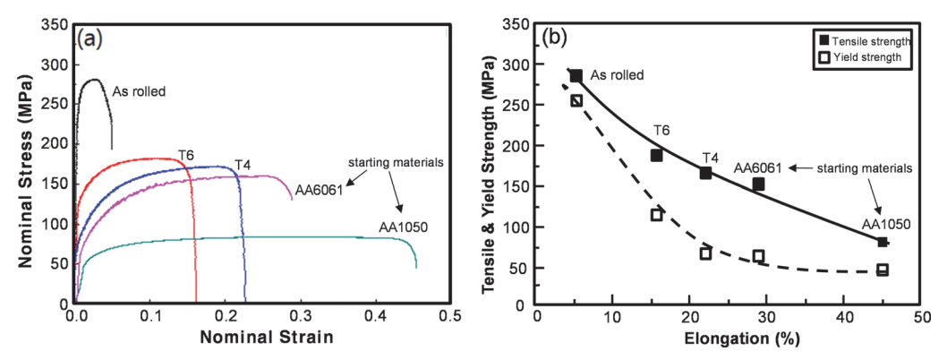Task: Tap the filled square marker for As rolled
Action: [576, 76]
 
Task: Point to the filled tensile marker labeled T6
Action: [656, 155]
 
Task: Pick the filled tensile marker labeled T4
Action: [705, 173]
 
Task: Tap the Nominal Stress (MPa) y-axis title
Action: [25, 167]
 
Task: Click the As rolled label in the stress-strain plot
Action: [139, 90]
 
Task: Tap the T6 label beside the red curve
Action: [186, 155]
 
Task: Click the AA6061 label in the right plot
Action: [757, 167]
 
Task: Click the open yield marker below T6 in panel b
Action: [656, 215]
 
